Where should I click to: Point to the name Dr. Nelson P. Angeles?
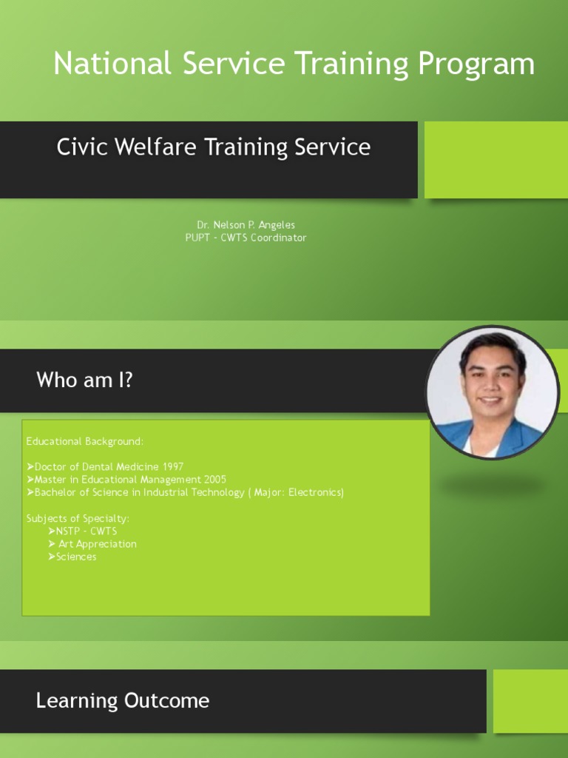246,224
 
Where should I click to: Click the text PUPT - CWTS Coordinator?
246,238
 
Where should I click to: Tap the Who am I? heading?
84,380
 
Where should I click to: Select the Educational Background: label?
85,441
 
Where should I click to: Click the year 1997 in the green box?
171,467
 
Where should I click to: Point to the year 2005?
214,480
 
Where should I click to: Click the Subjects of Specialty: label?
78,518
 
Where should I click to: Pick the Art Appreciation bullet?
97,544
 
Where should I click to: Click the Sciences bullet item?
76,557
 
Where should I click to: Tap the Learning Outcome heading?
123,701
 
